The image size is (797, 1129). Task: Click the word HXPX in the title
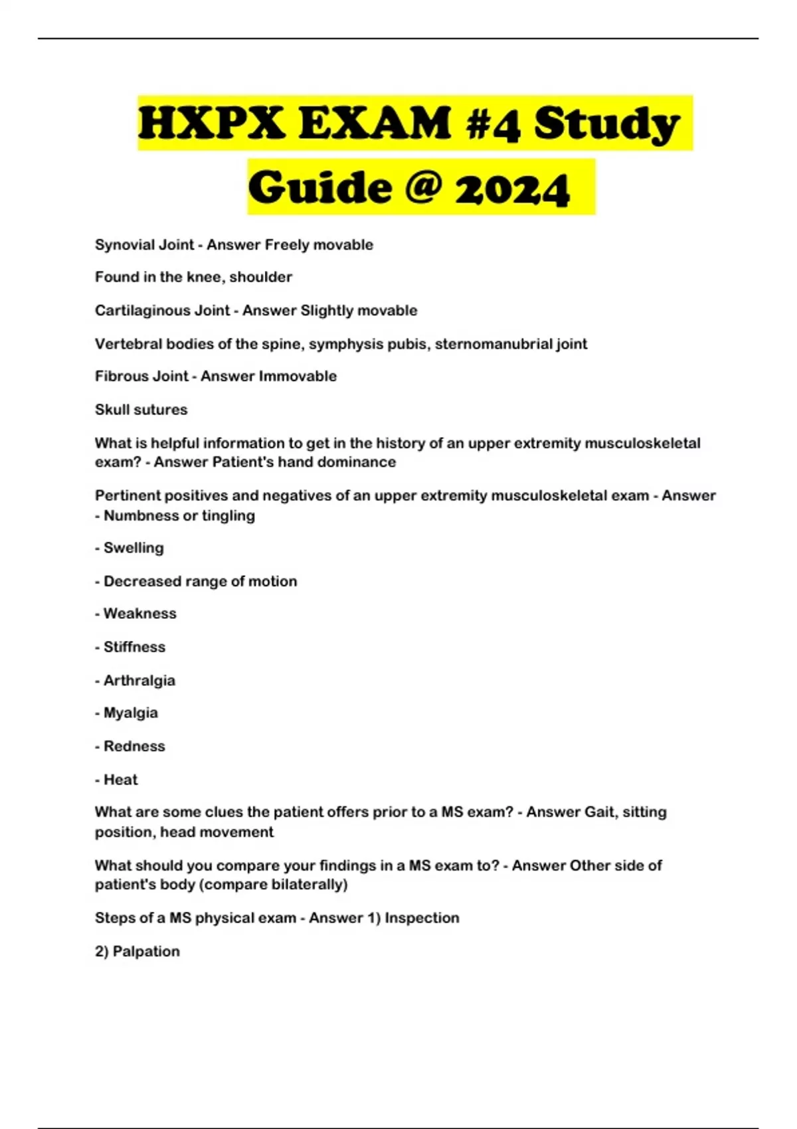pos(211,124)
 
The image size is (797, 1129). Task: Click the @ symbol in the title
pos(421,187)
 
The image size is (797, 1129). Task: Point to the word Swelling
pos(133,548)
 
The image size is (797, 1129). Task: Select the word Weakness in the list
pos(140,614)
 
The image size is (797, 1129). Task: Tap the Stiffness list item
pos(135,647)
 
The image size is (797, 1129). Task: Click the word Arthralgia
pos(139,681)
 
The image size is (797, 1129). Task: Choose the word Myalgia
pos(131,713)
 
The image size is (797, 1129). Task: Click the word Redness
pos(134,746)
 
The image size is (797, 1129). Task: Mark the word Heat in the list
pos(121,780)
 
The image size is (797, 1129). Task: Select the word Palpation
pos(146,952)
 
